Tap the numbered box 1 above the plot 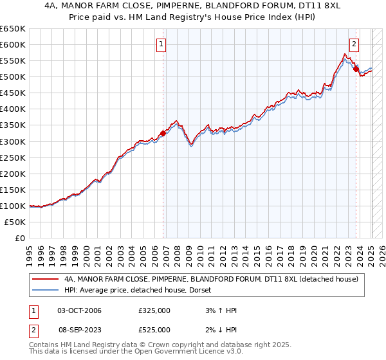[x=160, y=44]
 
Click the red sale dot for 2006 [x=163, y=134]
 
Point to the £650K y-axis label [x=13, y=29]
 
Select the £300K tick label [x=13, y=141]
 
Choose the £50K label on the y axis [x=15, y=222]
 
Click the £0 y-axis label [x=20, y=238]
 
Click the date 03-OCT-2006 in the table [x=80, y=310]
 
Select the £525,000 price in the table [x=154, y=330]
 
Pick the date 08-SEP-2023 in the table [x=80, y=330]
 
